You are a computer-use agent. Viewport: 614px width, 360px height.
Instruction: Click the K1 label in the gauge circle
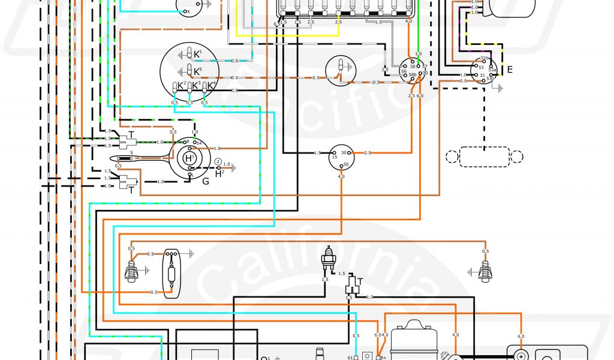point(197,53)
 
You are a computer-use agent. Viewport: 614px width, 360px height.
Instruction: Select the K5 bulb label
point(197,70)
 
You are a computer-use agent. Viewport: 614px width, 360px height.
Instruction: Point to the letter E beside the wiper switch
point(510,70)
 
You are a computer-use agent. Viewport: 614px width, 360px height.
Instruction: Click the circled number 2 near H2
point(218,163)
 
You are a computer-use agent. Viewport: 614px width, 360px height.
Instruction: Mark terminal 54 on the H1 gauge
point(199,142)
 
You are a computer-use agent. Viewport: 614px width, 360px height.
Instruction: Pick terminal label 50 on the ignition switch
point(345,164)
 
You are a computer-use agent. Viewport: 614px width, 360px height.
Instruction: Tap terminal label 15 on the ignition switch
point(335,157)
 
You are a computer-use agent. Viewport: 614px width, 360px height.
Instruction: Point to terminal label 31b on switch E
point(484,58)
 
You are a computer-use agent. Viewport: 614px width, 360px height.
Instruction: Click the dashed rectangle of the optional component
point(484,156)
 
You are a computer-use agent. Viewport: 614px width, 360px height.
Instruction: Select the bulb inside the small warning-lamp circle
point(341,67)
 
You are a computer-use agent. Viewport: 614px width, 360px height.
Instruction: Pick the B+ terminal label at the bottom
point(383,358)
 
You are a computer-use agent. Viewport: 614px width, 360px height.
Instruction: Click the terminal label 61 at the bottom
point(350,358)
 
